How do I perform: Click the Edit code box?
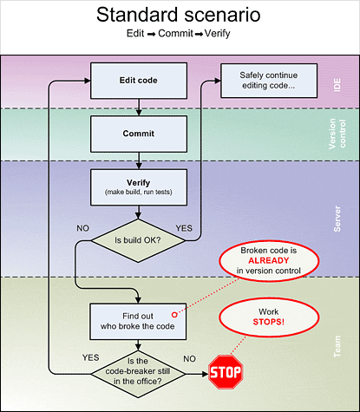(139, 81)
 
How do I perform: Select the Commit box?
(139, 134)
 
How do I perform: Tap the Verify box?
(139, 187)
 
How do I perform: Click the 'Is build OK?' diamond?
(138, 240)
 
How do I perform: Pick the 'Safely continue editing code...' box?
(269, 81)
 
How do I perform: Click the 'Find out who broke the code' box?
(138, 322)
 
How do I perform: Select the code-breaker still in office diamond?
(138, 374)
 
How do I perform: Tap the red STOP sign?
(226, 372)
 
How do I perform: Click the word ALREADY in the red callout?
(269, 260)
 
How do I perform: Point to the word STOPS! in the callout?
(269, 322)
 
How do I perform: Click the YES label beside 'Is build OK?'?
(184, 228)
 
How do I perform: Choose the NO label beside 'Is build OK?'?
(82, 228)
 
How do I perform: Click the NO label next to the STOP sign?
(189, 359)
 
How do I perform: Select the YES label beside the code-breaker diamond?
(90, 357)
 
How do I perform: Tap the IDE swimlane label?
(337, 85)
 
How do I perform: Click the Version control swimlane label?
(337, 134)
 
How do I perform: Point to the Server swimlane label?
(337, 219)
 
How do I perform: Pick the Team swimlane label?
(337, 347)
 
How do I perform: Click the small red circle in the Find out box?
(174, 315)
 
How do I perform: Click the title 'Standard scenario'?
(179, 15)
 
